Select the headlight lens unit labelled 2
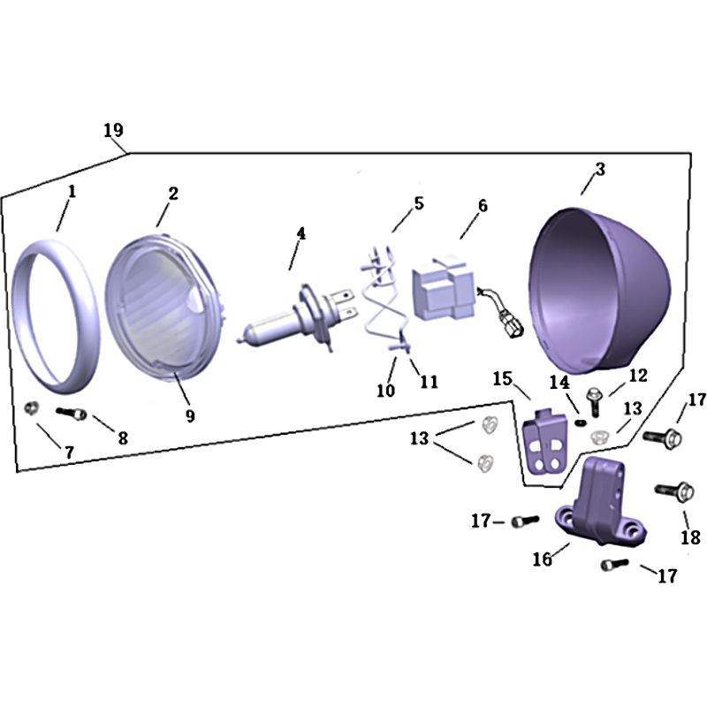click(x=165, y=308)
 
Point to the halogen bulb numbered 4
click(x=298, y=318)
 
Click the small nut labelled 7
click(x=31, y=408)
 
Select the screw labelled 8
click(x=72, y=413)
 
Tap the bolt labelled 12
click(x=594, y=400)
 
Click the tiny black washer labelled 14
click(x=581, y=422)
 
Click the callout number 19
click(x=113, y=130)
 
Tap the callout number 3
click(x=600, y=169)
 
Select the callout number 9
click(x=190, y=415)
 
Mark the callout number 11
click(x=429, y=382)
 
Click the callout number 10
click(x=386, y=390)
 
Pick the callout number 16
click(x=543, y=559)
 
